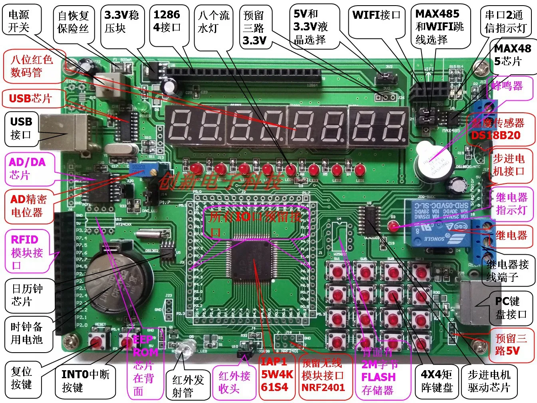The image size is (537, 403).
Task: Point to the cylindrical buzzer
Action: [433, 162]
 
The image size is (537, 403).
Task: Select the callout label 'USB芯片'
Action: [30, 98]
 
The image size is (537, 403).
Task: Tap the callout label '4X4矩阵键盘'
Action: [436, 381]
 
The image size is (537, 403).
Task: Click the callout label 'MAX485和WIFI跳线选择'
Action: [440, 27]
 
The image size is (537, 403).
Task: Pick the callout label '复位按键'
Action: [22, 378]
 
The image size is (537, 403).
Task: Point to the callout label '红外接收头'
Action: [234, 381]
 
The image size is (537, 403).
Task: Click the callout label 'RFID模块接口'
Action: [26, 252]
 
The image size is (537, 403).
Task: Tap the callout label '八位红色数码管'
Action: [32, 66]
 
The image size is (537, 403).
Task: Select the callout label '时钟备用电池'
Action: [26, 333]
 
